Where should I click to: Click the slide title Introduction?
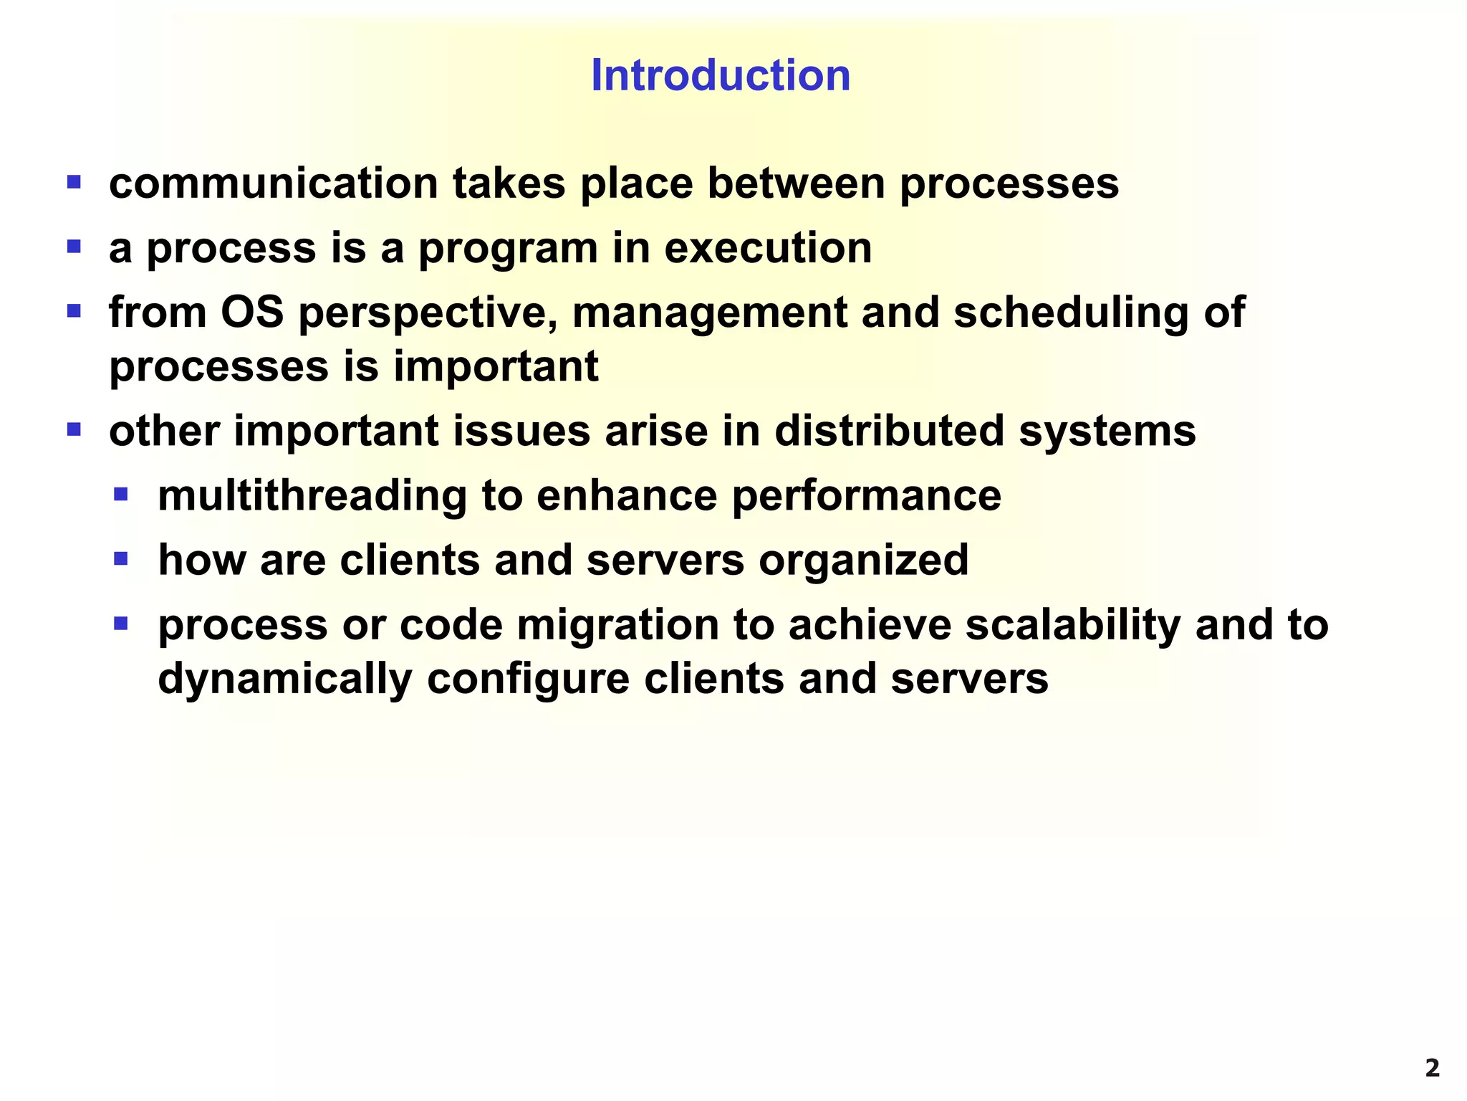point(721,75)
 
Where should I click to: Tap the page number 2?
point(1432,1069)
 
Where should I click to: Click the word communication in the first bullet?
point(273,183)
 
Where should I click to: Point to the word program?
point(508,249)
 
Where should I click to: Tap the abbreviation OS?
point(252,313)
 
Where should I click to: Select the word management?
point(710,314)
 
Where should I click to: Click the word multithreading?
point(312,496)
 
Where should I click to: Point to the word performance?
point(866,496)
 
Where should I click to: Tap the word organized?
point(863,561)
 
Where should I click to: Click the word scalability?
point(1072,625)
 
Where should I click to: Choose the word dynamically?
point(285,679)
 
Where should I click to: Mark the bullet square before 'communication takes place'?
point(74,182)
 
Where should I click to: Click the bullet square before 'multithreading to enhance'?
point(121,494)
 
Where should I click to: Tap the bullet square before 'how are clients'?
point(121,558)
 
